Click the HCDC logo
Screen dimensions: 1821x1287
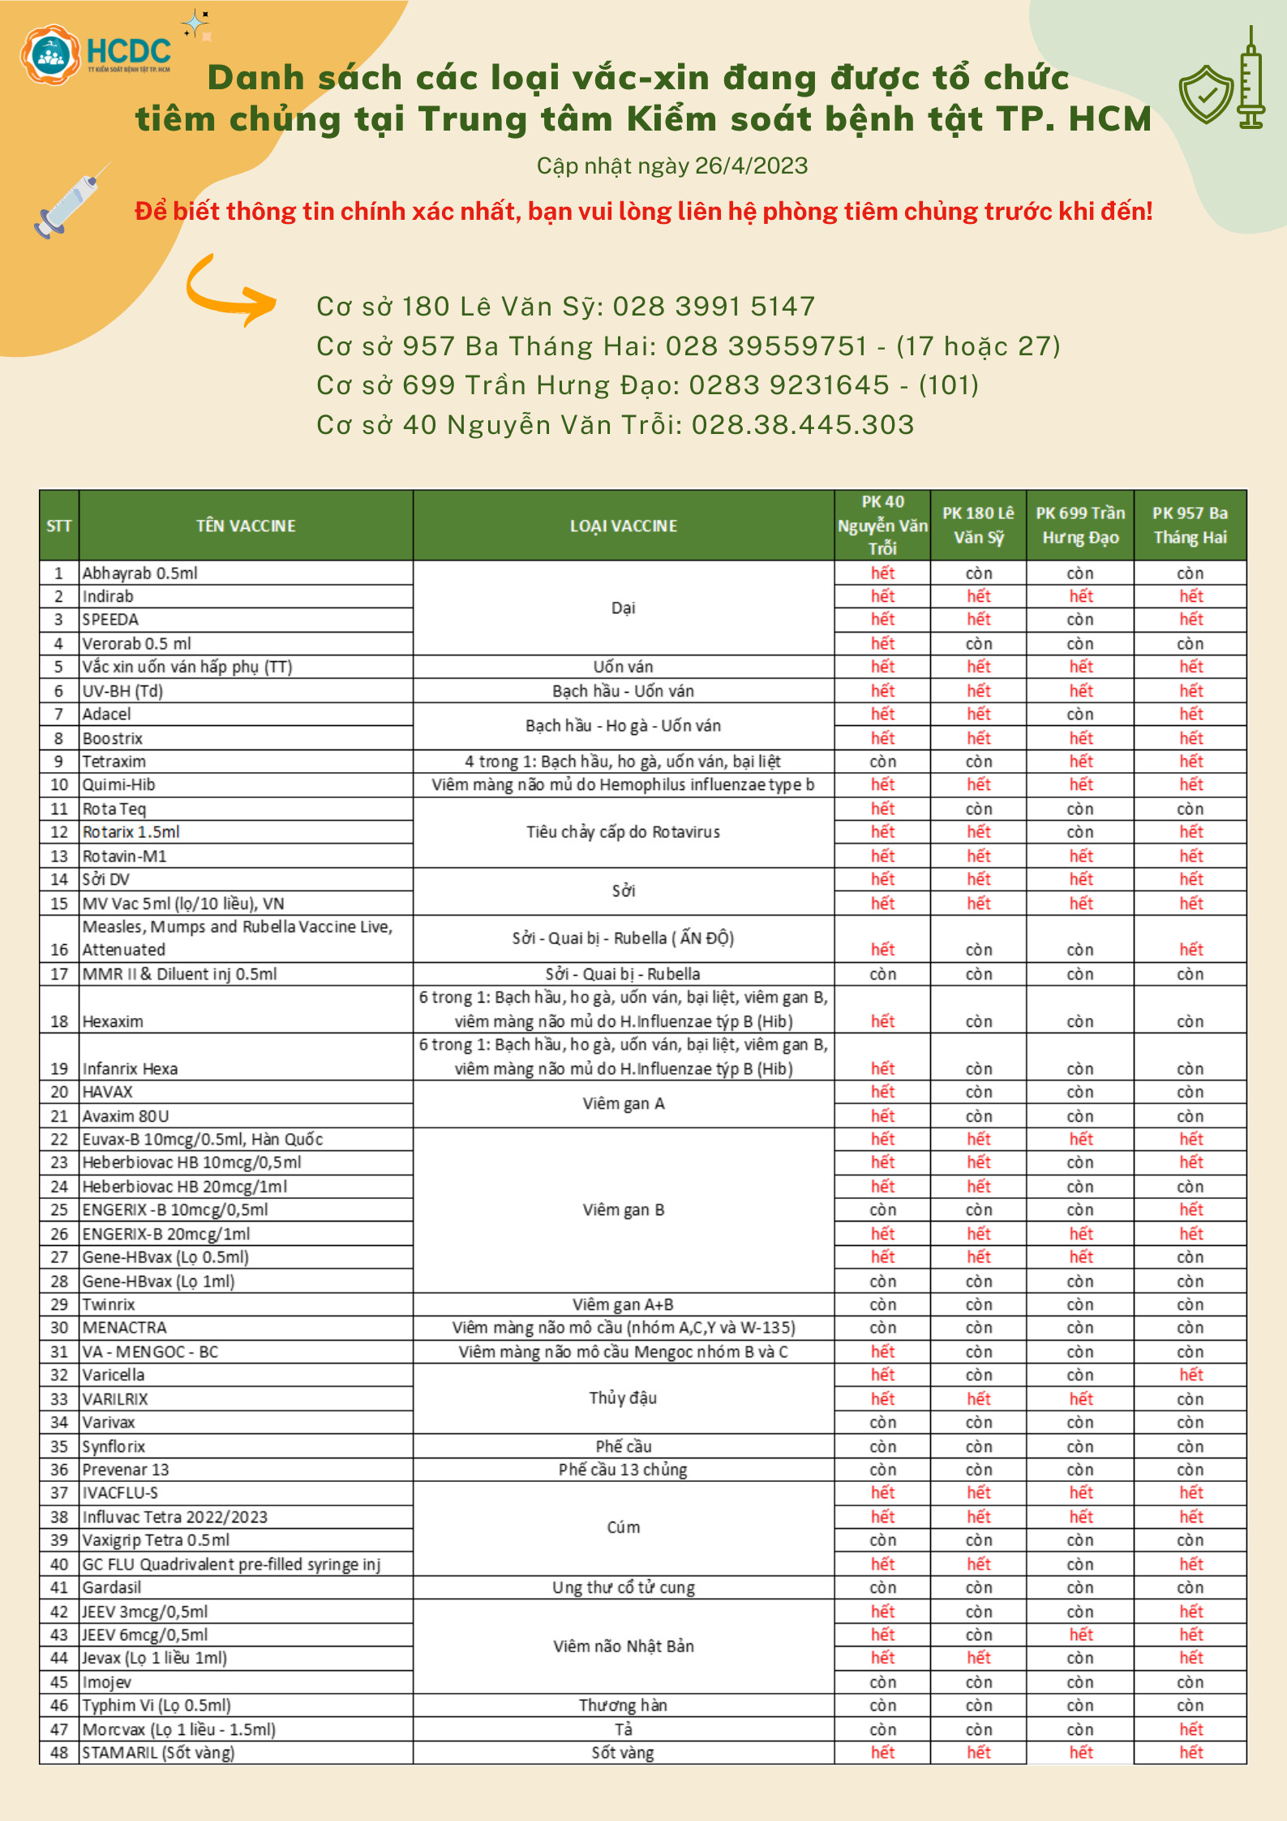(x=96, y=54)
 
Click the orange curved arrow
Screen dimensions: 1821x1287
(x=230, y=293)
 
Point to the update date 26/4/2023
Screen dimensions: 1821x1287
(x=751, y=166)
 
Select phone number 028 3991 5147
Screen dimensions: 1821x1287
(x=713, y=307)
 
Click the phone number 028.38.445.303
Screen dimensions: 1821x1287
(x=802, y=425)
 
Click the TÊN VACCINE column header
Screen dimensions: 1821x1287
(x=246, y=526)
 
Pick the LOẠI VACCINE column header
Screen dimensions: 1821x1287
(x=623, y=526)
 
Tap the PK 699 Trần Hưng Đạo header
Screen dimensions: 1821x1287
(x=1079, y=525)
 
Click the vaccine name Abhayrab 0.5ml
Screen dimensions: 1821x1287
(x=140, y=573)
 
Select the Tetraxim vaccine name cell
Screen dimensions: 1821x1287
(x=114, y=762)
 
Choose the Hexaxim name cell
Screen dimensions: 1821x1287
(x=113, y=1021)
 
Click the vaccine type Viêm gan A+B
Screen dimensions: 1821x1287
(x=623, y=1304)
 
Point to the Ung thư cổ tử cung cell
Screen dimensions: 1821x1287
(x=623, y=1587)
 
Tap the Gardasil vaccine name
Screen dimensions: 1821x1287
(x=112, y=1587)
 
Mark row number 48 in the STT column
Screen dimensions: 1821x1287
(x=59, y=1752)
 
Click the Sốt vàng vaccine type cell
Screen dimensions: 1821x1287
(x=623, y=1752)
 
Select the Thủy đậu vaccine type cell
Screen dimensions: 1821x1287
(x=623, y=1398)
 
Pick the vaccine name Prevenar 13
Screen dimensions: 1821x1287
(x=126, y=1469)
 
